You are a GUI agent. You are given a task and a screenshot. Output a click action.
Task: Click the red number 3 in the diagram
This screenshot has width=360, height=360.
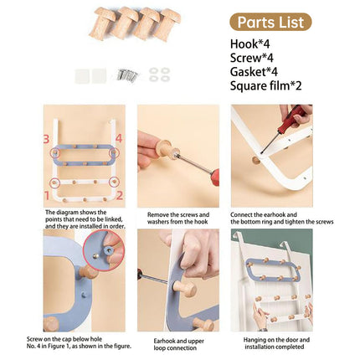click(x=49, y=138)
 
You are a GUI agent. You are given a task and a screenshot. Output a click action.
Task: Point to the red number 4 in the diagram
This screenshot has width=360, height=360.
click(x=119, y=138)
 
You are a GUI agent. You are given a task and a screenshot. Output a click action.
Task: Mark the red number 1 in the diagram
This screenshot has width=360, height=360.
click(x=49, y=194)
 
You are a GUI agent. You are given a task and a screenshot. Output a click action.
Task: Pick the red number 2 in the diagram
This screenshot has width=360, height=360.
click(x=119, y=194)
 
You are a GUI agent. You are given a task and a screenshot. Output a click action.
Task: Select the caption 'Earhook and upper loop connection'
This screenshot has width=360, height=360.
click(x=178, y=344)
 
